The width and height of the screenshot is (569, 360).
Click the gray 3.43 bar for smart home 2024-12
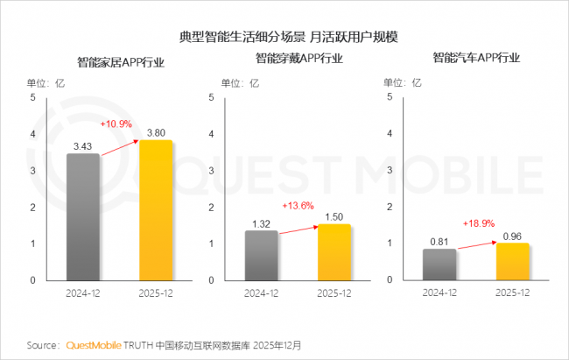click(x=83, y=216)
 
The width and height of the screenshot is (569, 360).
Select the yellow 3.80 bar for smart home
click(x=156, y=210)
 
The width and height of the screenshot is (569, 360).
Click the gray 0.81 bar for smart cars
click(x=439, y=265)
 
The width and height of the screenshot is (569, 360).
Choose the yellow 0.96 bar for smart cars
click(x=512, y=261)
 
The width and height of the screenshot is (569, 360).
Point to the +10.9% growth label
click(x=116, y=124)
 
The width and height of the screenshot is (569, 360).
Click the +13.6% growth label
click(x=297, y=206)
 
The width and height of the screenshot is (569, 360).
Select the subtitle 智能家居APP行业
click(x=121, y=63)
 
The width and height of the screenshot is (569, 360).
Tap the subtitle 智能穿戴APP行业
click(x=299, y=59)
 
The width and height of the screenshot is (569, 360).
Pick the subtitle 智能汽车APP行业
click(x=476, y=59)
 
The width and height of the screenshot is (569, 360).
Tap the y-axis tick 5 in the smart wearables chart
click(x=210, y=97)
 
